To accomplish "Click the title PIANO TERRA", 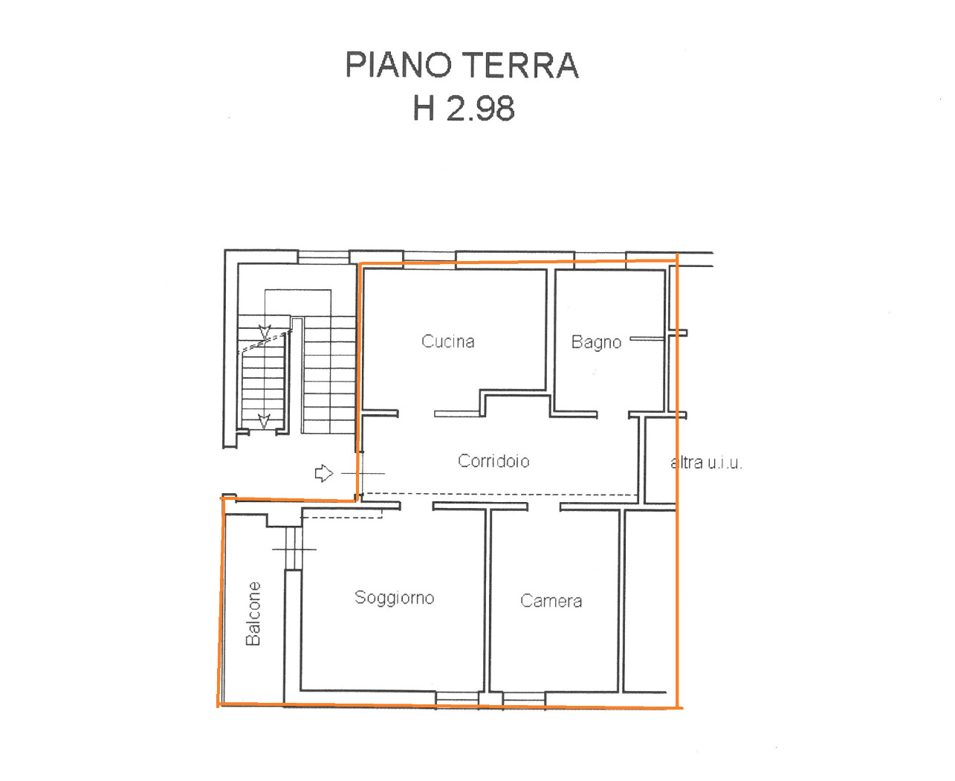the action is (462, 65).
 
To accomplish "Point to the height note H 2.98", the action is (464, 108).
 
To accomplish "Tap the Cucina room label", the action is (447, 341).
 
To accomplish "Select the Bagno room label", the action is (596, 343).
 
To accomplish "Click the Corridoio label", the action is (493, 461).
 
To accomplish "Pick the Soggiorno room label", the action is (394, 597).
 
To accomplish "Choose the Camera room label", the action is (551, 600).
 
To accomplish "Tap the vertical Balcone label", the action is (253, 614).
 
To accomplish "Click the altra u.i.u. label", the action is (706, 463).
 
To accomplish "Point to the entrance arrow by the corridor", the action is (324, 473).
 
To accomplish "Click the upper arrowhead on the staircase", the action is (265, 332).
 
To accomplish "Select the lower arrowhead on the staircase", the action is (264, 422).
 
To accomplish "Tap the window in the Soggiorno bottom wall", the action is (457, 698).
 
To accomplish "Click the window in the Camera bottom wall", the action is (523, 698).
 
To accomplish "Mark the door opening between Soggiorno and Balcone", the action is (294, 547).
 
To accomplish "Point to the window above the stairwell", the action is (323, 257).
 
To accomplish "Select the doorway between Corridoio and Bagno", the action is (612, 415).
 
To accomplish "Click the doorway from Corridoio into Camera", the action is (544, 507).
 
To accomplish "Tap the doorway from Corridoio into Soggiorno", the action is (416, 506).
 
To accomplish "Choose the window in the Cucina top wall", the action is (430, 260).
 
